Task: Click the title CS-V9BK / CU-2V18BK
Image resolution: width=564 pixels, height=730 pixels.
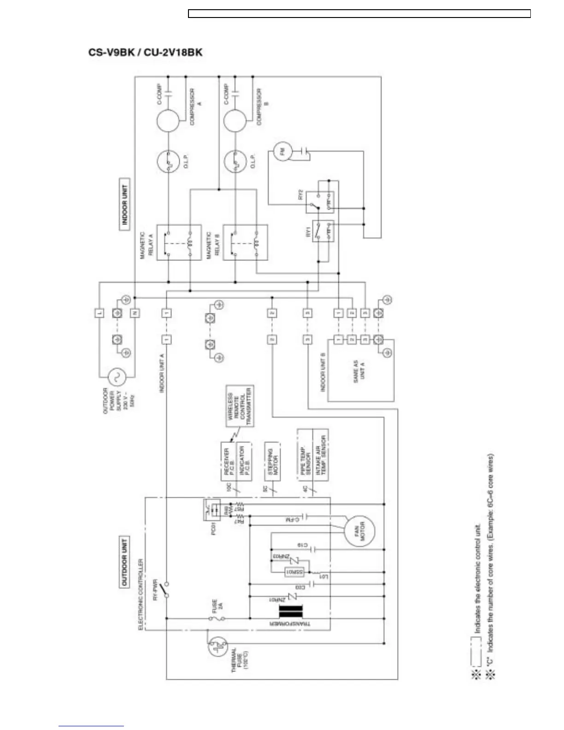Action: click(x=145, y=52)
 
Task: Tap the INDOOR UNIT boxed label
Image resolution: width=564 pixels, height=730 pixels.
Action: click(x=124, y=204)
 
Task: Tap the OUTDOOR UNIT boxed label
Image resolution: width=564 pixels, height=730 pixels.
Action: click(x=124, y=562)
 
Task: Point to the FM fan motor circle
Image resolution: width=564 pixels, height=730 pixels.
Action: click(x=282, y=152)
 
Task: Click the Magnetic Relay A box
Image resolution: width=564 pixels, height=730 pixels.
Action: click(x=179, y=242)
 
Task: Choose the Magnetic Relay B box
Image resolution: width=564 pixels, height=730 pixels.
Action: click(x=245, y=242)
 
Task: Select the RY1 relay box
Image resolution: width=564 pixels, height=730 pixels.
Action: click(x=323, y=231)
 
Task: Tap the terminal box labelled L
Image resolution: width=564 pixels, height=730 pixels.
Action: click(x=100, y=313)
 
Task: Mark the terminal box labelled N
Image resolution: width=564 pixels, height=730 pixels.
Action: click(x=135, y=313)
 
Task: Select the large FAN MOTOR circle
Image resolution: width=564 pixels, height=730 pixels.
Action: click(x=360, y=531)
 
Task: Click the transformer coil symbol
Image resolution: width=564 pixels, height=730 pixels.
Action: click(x=291, y=612)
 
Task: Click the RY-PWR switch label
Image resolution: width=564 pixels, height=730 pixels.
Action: click(x=155, y=589)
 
